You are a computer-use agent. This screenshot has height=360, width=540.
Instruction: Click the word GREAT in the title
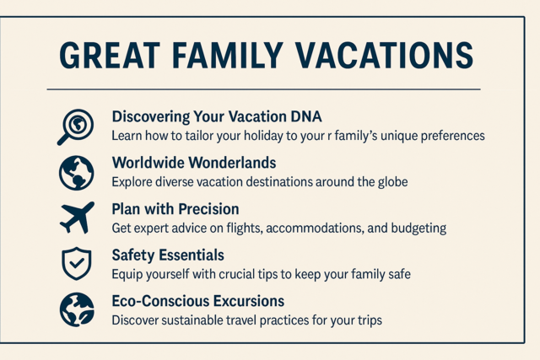click(x=110, y=56)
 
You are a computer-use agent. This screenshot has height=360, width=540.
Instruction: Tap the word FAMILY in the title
click(x=227, y=56)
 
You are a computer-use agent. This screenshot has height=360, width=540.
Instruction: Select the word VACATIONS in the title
click(x=384, y=56)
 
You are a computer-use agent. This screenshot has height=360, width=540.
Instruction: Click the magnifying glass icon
click(x=75, y=127)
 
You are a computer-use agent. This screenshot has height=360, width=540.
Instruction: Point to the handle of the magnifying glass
click(x=64, y=139)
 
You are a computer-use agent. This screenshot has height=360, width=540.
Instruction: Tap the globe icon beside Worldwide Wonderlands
click(x=76, y=173)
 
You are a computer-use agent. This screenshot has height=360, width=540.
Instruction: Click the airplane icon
click(x=77, y=218)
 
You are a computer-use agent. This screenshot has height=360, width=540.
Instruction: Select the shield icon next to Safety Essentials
click(x=77, y=263)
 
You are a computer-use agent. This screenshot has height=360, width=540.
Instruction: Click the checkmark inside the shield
click(x=77, y=264)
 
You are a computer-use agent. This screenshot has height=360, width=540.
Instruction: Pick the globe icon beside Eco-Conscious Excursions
click(x=77, y=309)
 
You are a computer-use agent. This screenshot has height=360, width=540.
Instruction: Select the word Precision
click(x=208, y=209)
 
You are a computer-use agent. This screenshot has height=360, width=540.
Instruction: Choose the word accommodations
click(x=315, y=228)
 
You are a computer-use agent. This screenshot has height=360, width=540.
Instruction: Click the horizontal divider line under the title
click(x=264, y=89)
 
